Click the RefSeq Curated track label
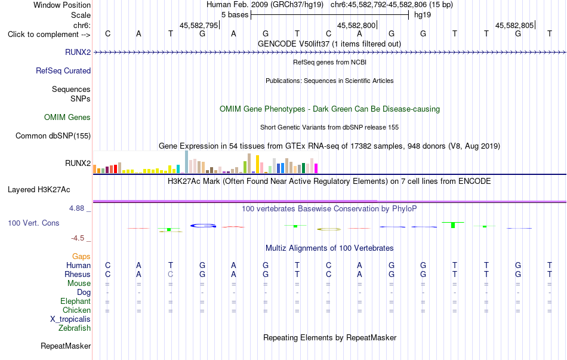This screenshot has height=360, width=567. (63, 70)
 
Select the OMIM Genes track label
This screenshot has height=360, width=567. (67, 117)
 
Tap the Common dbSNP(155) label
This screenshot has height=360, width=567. (53, 136)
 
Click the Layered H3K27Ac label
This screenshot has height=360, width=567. (39, 190)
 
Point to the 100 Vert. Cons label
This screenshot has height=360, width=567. (33, 223)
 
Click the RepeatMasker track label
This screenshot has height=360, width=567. (66, 346)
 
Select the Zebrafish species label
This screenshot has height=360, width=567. (75, 328)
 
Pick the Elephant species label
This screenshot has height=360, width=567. (76, 301)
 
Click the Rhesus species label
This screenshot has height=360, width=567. (78, 274)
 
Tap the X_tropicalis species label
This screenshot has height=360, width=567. (70, 319)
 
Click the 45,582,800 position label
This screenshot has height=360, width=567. (356, 25)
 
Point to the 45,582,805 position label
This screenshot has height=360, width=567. (514, 25)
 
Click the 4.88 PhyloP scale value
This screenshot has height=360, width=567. (76, 208)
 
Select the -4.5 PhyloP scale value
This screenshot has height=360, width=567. (78, 238)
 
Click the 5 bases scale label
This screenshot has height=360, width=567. (235, 15)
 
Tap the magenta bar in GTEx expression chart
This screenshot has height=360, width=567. (316, 168)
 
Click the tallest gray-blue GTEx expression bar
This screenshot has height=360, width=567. (187, 162)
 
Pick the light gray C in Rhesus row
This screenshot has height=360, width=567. (170, 274)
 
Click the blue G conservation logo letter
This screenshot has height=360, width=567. (203, 226)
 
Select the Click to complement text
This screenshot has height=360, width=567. (44, 35)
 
